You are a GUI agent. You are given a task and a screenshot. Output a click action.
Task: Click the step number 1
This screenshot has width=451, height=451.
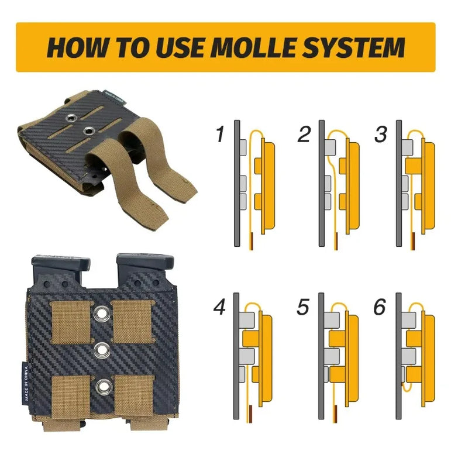click(x=221, y=134)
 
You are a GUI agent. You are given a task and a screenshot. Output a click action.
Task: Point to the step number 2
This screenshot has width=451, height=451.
click(x=304, y=134)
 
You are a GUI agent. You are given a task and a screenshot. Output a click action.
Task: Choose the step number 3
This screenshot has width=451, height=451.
click(x=381, y=134)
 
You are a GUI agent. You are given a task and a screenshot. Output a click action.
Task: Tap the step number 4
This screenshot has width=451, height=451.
click(x=219, y=307)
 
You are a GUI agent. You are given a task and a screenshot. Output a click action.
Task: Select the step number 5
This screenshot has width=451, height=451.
click(x=303, y=307)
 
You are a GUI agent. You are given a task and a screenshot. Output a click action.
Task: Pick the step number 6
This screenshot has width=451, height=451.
click(x=380, y=307)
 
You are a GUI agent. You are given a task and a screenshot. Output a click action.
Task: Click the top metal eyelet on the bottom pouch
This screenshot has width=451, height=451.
click(x=102, y=313)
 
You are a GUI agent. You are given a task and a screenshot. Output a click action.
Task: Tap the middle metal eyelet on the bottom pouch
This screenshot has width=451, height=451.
click(x=101, y=350)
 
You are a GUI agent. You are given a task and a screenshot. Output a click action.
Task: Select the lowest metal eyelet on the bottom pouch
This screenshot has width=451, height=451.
click(x=103, y=387)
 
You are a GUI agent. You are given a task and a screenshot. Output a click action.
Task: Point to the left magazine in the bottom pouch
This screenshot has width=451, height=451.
click(x=60, y=270)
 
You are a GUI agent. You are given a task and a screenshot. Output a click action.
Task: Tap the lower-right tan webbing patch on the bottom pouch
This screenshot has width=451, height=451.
click(x=135, y=395)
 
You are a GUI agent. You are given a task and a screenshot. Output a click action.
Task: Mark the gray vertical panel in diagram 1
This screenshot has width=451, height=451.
click(x=237, y=183)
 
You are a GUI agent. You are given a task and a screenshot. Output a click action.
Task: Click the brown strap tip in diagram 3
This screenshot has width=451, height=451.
click(x=414, y=241)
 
